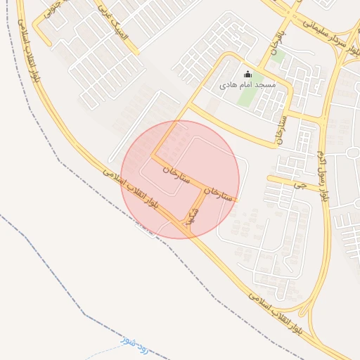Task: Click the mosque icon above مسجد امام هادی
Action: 247,74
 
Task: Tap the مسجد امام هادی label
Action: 247,84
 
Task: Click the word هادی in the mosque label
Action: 230,84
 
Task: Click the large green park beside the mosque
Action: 247,96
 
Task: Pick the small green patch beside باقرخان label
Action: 278,56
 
